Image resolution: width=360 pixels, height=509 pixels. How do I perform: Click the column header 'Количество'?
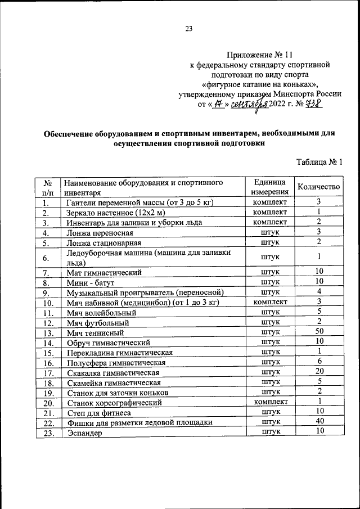point(318,187)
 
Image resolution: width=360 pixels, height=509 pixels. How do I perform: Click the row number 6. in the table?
point(48,257)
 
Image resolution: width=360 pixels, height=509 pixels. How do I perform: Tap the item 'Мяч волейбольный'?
point(101,312)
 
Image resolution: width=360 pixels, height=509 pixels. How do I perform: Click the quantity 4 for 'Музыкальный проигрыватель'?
point(318,292)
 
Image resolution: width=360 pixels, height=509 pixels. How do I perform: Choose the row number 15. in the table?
point(48,353)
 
